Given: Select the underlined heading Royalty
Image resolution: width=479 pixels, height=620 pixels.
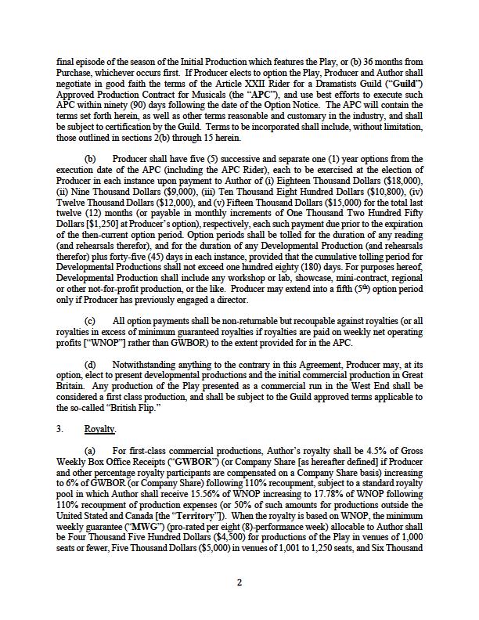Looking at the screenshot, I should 100,429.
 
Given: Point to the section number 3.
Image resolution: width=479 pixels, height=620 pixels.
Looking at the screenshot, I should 59,429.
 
